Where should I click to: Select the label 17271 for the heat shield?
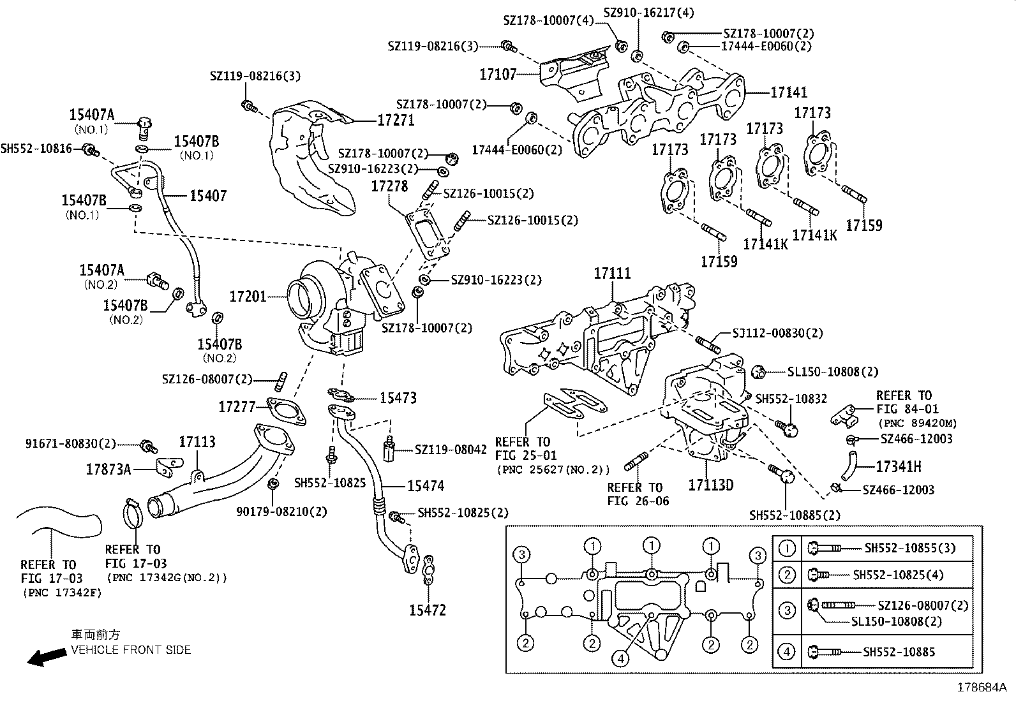point(396,120)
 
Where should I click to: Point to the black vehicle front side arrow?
point(47,657)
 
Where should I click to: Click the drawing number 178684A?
point(980,688)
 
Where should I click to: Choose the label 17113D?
point(710,485)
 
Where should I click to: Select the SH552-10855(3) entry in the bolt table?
point(910,548)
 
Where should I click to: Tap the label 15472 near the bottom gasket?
point(427,610)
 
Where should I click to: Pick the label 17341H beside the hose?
point(898,467)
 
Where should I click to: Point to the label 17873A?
point(108,470)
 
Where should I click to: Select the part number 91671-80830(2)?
point(71,443)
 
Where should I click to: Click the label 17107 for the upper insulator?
point(498,75)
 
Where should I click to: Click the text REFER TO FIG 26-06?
point(638,494)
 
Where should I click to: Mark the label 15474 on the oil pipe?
point(425,486)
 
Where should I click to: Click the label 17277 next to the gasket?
point(237,407)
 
